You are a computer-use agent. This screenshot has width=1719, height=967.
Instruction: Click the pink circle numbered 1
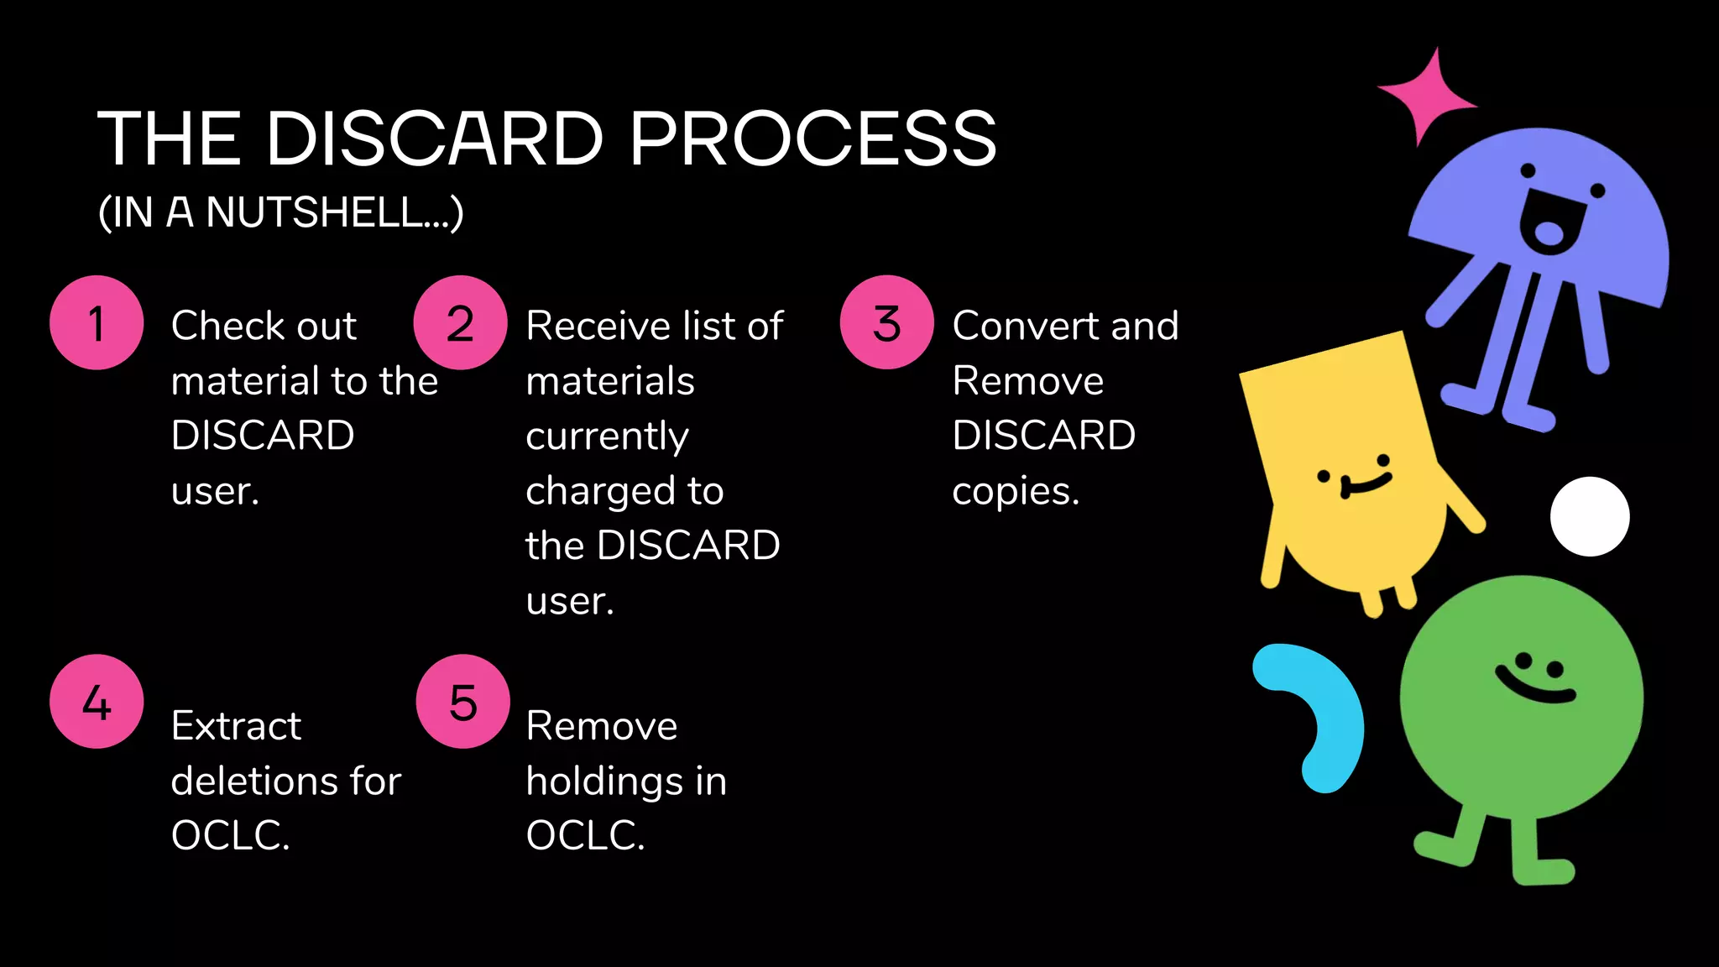pyautogui.click(x=97, y=323)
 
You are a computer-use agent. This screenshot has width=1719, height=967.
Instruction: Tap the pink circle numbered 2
pyautogui.click(x=460, y=323)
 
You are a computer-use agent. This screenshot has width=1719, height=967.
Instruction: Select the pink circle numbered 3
pyautogui.click(x=886, y=323)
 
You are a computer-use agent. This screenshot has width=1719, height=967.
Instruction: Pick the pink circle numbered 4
pyautogui.click(x=97, y=702)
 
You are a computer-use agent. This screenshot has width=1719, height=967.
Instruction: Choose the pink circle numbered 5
pyautogui.click(x=462, y=702)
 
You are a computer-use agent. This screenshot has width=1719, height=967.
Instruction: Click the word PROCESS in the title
pyautogui.click(x=812, y=139)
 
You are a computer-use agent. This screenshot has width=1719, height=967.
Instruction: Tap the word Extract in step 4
pyautogui.click(x=236, y=726)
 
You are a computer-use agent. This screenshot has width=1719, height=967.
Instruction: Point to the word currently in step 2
pyautogui.click(x=607, y=437)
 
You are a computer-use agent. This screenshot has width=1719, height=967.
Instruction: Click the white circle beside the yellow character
pyautogui.click(x=1590, y=516)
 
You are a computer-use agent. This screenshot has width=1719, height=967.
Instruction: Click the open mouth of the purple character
pyautogui.click(x=1549, y=227)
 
